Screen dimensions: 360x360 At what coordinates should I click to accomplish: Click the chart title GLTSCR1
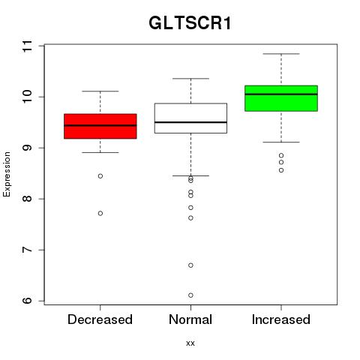[190, 23]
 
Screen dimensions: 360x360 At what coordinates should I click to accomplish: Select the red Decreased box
[100, 126]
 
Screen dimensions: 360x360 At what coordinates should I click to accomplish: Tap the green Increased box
[281, 98]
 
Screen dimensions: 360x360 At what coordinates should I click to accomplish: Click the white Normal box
[190, 118]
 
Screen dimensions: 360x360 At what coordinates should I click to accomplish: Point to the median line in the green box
[281, 94]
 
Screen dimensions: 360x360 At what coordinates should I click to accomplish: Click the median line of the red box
[100, 125]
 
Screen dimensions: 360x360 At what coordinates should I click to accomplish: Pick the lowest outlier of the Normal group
[190, 295]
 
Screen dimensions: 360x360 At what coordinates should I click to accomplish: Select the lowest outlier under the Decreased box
[100, 213]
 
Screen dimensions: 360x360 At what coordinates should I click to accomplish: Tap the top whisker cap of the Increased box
[281, 54]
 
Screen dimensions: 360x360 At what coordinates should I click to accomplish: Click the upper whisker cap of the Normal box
[190, 79]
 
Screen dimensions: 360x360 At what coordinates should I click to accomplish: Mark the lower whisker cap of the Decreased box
[100, 152]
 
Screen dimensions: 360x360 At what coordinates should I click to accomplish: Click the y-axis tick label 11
[28, 46]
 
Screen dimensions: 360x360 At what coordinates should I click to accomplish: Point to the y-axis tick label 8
[28, 199]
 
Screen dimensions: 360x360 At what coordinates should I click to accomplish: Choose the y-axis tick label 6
[28, 301]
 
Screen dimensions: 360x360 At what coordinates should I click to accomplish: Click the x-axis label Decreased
[100, 319]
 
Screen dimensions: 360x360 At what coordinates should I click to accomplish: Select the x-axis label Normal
[190, 319]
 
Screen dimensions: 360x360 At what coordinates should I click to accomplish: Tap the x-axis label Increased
[281, 319]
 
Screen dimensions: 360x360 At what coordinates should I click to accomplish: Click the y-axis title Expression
[7, 174]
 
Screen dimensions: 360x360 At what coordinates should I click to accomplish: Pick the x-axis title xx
[190, 343]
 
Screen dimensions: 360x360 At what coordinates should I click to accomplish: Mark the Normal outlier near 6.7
[190, 265]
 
